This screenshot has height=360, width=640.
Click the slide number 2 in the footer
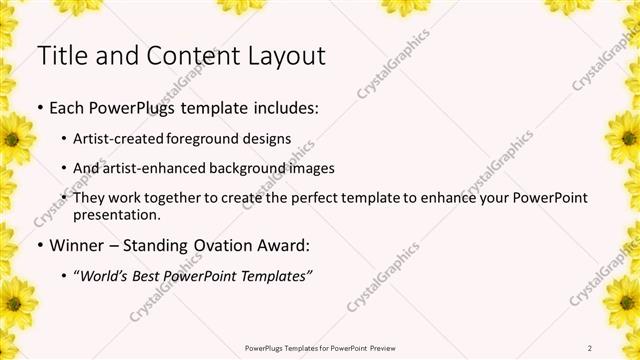[x=591, y=347]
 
